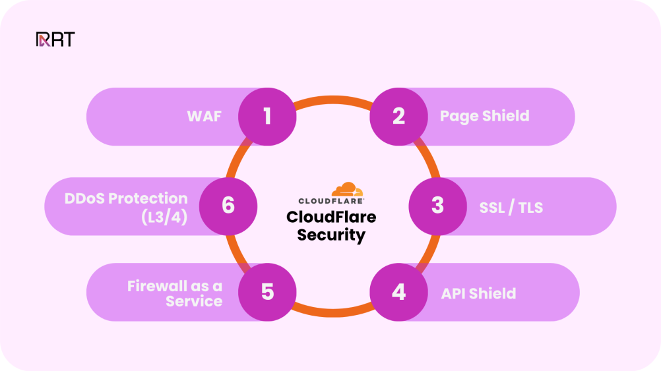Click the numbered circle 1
point(267,117)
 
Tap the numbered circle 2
point(398,117)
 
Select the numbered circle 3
point(437,206)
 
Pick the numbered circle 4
point(398,292)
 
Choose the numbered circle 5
point(267,292)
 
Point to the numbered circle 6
point(228,206)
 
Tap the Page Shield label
point(484,117)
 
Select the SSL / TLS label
point(511,208)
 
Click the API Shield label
point(478,293)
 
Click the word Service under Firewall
point(194,301)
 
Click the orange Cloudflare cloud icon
point(347,190)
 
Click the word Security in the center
point(331,235)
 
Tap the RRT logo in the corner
point(55,40)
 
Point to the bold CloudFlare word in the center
point(331,217)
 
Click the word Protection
point(148,198)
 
